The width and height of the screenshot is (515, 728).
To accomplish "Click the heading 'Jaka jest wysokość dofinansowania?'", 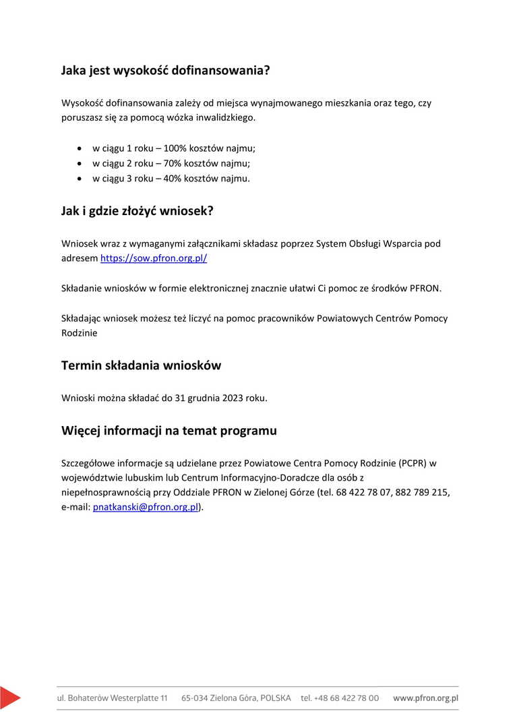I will tap(165, 70).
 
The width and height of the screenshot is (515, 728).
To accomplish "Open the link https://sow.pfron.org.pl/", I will tap(154, 258).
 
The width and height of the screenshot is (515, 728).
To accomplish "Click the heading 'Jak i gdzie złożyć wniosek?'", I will tap(137, 211).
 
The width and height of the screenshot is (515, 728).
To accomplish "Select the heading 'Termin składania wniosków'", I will tap(141, 366).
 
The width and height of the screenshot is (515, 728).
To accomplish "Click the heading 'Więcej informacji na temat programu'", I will tap(169, 431).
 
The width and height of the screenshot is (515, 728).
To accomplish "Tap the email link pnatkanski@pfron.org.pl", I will tap(145, 508).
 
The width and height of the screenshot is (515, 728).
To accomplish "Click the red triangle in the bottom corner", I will tap(9, 697).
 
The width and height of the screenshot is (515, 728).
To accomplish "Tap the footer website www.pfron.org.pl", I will tap(425, 698).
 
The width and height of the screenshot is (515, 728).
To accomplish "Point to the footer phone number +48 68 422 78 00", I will tap(340, 698).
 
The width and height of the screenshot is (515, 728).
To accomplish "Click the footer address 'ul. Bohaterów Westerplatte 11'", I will tap(112, 698).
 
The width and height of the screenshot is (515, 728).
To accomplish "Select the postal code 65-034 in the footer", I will tap(195, 698).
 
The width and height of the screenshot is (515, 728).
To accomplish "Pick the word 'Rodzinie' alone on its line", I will tap(79, 334).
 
